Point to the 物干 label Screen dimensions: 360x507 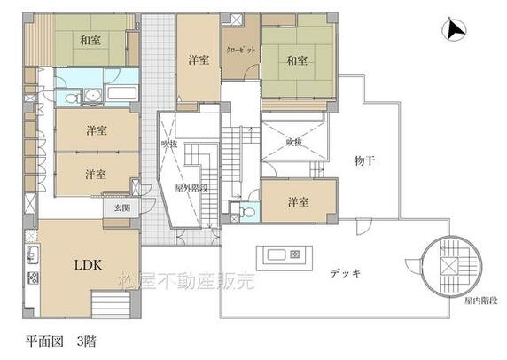[363, 160]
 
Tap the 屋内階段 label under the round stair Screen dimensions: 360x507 [480, 301]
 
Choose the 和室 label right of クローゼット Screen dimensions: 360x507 [296, 60]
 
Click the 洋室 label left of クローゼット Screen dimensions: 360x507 [199, 60]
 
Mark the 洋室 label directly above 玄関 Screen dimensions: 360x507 [97, 173]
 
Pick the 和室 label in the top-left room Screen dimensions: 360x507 [90, 38]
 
